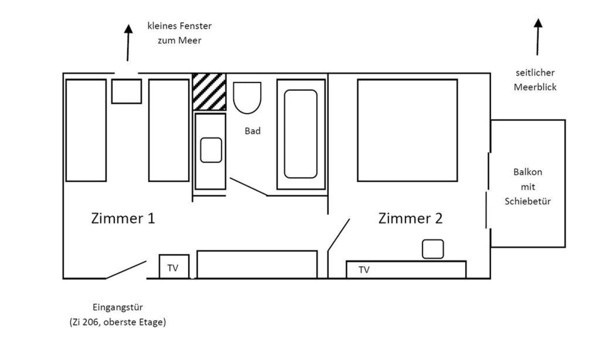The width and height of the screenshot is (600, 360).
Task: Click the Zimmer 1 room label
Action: click(x=123, y=218)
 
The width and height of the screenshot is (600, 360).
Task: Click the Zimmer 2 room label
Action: click(x=410, y=218)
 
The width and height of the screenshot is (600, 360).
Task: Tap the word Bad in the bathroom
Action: click(x=253, y=131)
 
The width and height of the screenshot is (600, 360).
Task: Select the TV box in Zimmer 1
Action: click(x=174, y=266)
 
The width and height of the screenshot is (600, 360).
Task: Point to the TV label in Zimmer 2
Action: click(x=364, y=270)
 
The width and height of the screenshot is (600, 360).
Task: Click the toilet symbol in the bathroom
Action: click(x=247, y=98)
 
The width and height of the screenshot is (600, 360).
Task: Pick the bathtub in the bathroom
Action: click(x=301, y=134)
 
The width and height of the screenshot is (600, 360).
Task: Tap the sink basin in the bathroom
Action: click(x=211, y=150)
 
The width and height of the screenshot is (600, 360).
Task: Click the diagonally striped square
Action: click(x=209, y=91)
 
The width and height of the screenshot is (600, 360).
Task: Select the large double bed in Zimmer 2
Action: click(x=407, y=130)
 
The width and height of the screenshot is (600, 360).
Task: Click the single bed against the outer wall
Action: click(x=86, y=130)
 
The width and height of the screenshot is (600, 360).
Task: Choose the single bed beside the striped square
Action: click(x=169, y=130)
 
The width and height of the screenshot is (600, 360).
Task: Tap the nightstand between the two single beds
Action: click(x=127, y=91)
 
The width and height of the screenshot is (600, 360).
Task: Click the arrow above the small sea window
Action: click(x=128, y=43)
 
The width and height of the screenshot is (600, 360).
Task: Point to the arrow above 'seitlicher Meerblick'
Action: click(x=538, y=37)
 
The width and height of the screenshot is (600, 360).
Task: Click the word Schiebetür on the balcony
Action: click(x=527, y=201)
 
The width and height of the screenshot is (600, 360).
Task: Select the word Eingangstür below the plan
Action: click(x=118, y=307)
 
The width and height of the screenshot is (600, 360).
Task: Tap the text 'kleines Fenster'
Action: click(x=180, y=26)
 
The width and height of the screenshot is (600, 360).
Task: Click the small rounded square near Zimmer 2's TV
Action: click(x=433, y=249)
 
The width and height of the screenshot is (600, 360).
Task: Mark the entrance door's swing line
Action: click(x=126, y=270)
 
